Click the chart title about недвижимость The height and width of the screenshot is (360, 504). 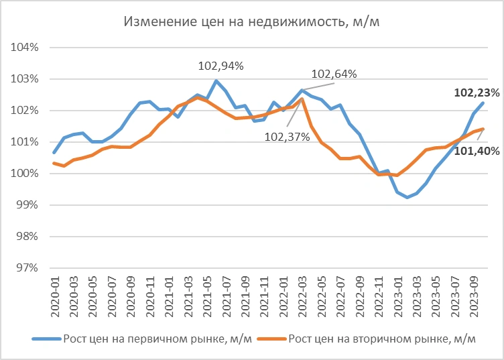click(x=252, y=21)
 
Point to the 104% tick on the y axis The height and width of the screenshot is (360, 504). click(x=26, y=48)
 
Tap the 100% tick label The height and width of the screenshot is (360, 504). click(x=26, y=174)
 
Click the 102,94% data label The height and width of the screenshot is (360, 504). click(x=220, y=66)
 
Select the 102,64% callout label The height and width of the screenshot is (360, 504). click(x=334, y=73)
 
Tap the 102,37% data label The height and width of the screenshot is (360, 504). click(x=287, y=137)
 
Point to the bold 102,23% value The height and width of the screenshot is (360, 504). click(x=477, y=93)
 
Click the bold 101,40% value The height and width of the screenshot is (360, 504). click(x=477, y=151)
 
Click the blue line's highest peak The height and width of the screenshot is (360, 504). click(x=216, y=81)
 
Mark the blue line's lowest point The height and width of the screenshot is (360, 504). click(x=406, y=197)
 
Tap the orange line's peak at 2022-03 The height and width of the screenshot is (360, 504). click(x=302, y=99)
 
